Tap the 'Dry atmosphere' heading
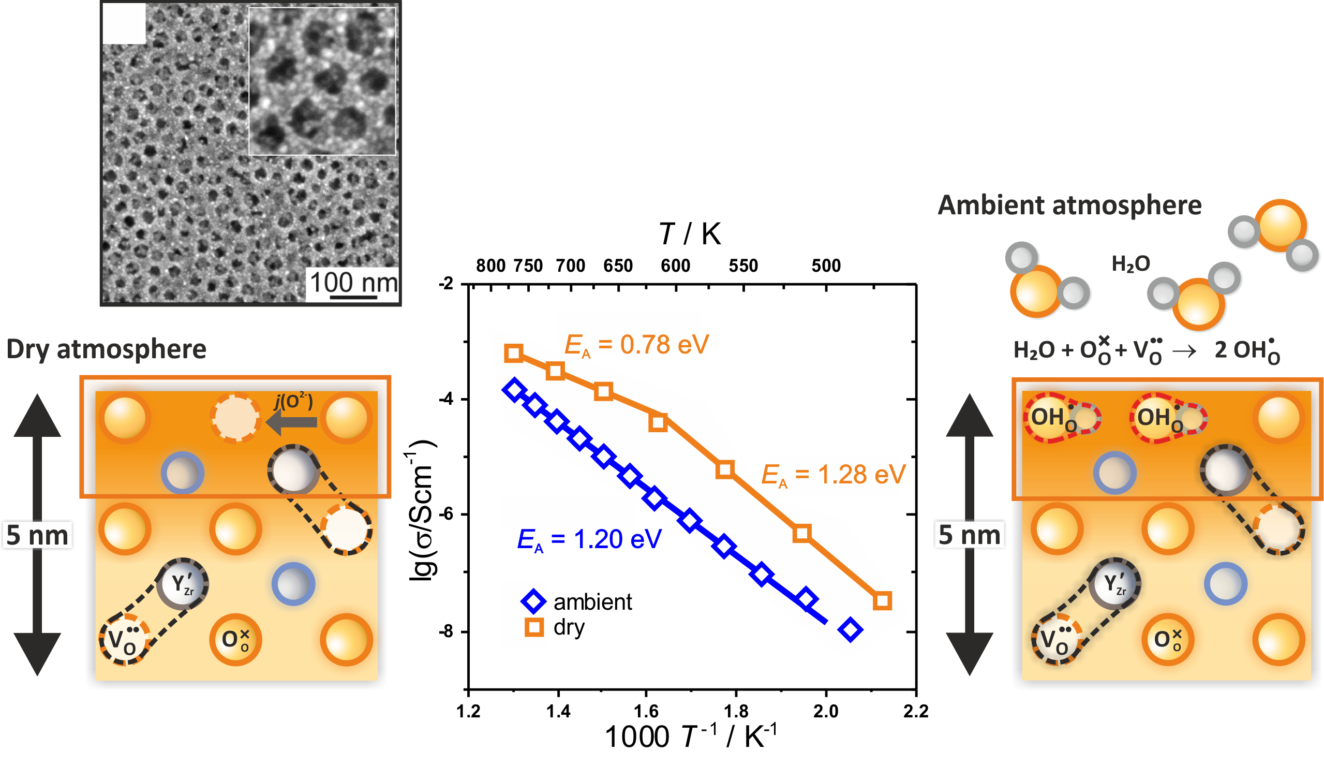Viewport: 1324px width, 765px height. [x=106, y=349]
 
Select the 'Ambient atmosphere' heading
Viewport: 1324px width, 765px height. [x=1069, y=205]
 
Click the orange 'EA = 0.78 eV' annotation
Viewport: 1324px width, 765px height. [x=636, y=346]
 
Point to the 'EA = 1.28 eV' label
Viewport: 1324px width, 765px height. [x=834, y=475]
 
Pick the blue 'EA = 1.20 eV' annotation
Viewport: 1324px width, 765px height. [x=589, y=540]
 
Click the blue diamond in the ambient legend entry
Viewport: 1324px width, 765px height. [x=533, y=601]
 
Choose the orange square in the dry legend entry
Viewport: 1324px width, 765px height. [x=534, y=627]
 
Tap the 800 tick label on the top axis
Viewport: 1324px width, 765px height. [x=490, y=266]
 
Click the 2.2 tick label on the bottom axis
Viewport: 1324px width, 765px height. [x=916, y=711]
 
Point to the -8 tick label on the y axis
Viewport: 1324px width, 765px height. [x=446, y=631]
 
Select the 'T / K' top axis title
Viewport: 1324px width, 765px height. [x=690, y=233]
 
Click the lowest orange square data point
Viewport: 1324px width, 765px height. [x=882, y=600]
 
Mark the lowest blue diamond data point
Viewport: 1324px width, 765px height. [x=850, y=629]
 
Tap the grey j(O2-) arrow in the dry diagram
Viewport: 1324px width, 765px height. [x=291, y=421]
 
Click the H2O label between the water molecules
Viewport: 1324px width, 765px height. [x=1130, y=264]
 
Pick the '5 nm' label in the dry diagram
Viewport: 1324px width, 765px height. [x=37, y=535]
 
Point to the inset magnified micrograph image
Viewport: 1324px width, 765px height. [x=322, y=81]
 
